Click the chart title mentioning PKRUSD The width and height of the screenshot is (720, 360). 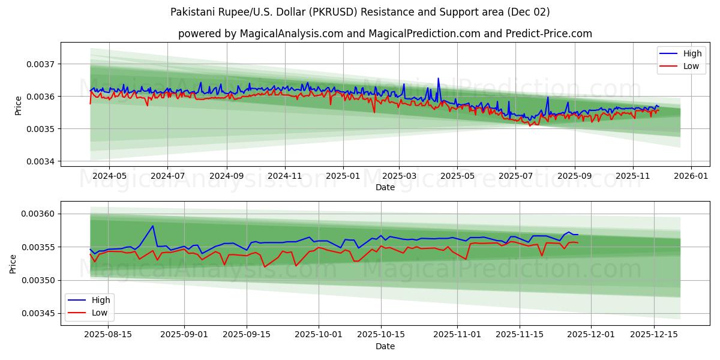coord(360,12)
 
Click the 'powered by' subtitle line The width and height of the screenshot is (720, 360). coord(385,34)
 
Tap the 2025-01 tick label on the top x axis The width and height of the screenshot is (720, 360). coord(343,176)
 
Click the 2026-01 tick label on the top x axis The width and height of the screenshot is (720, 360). coord(691,176)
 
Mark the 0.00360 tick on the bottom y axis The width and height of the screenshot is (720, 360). coord(38,214)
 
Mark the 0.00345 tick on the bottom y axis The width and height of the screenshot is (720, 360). coord(38,314)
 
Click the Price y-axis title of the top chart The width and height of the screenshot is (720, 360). coord(18,105)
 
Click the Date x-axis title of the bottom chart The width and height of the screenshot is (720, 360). coord(385,346)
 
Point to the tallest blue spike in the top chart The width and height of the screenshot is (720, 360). coord(438,79)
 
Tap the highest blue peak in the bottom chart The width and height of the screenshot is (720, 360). coord(153,226)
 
